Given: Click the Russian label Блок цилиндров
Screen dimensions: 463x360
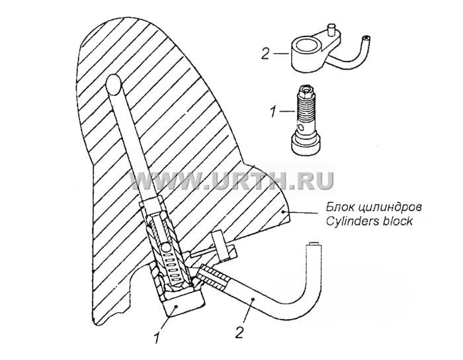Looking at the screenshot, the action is [x=374, y=207].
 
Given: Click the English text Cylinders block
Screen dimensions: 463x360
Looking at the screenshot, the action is [x=369, y=221].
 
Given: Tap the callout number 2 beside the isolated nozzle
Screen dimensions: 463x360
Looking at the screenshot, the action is [x=265, y=54].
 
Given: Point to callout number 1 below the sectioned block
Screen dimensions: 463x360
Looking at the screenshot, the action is [x=157, y=337].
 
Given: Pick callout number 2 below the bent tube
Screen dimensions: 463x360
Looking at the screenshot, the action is [x=239, y=332].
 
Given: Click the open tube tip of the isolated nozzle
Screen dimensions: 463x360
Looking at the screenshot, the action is [x=366, y=38].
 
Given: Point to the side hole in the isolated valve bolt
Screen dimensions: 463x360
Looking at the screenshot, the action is [x=300, y=128].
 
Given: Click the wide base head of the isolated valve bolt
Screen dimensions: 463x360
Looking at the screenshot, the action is [x=306, y=145].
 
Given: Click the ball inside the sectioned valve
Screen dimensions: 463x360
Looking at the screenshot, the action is [x=166, y=246].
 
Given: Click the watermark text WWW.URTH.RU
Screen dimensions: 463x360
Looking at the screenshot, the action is [x=232, y=180].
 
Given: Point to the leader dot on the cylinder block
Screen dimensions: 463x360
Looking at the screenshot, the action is [x=283, y=211].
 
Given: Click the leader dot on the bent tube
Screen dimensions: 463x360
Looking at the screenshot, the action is [x=253, y=300].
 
